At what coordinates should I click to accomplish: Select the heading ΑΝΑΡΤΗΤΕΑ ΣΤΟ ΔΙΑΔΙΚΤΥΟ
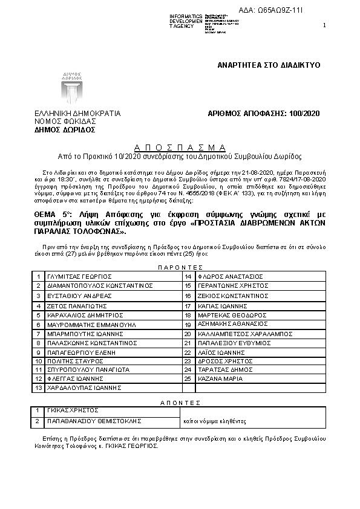coord(269,65)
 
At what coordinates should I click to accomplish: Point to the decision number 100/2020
coord(305,113)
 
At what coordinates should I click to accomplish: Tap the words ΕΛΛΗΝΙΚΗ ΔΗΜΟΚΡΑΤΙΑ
coord(77,113)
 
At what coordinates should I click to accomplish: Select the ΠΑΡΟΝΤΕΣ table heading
coord(180,266)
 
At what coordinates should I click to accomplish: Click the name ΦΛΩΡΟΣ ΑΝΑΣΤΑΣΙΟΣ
coord(227,276)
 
